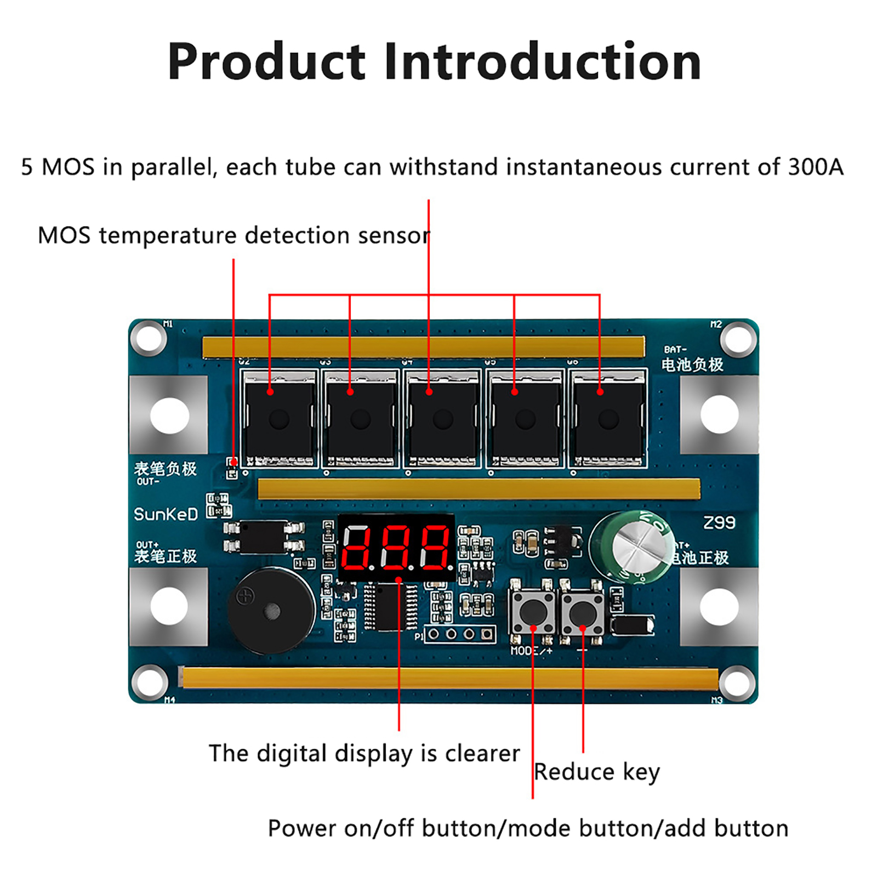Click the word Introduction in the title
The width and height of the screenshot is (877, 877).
(x=543, y=61)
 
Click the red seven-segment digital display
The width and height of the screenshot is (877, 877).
(x=396, y=547)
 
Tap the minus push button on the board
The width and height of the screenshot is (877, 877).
(x=582, y=613)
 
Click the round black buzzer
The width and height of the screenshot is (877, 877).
(x=271, y=611)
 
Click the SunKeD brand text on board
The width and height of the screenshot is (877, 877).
(x=166, y=514)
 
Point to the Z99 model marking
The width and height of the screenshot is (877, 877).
(x=719, y=523)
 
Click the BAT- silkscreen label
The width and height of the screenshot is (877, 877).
(x=675, y=349)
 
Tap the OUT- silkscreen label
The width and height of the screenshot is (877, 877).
(x=148, y=482)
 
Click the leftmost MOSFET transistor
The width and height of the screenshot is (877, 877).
(x=279, y=418)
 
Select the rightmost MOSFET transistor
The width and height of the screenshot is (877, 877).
(x=608, y=418)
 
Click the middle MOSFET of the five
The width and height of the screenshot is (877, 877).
(x=442, y=418)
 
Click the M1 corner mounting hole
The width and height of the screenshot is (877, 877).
(x=149, y=338)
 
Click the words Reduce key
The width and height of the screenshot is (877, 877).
(x=596, y=772)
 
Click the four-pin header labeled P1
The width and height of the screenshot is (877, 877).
(x=459, y=634)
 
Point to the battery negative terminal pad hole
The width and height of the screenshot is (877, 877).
(x=719, y=415)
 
